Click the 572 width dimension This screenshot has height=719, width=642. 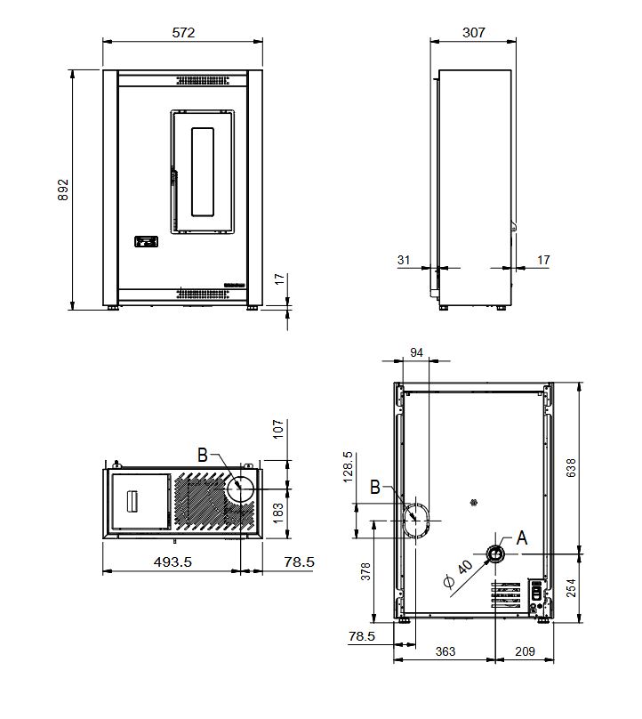183,33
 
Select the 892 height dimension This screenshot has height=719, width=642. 63,190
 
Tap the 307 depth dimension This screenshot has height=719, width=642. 473,33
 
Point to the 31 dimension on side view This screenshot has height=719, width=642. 404,260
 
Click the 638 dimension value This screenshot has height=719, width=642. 571,468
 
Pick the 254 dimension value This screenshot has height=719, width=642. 571,588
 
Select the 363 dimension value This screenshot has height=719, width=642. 445,651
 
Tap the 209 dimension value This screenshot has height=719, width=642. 525,651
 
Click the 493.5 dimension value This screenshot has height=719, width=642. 173,561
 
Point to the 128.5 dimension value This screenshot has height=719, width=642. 348,467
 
